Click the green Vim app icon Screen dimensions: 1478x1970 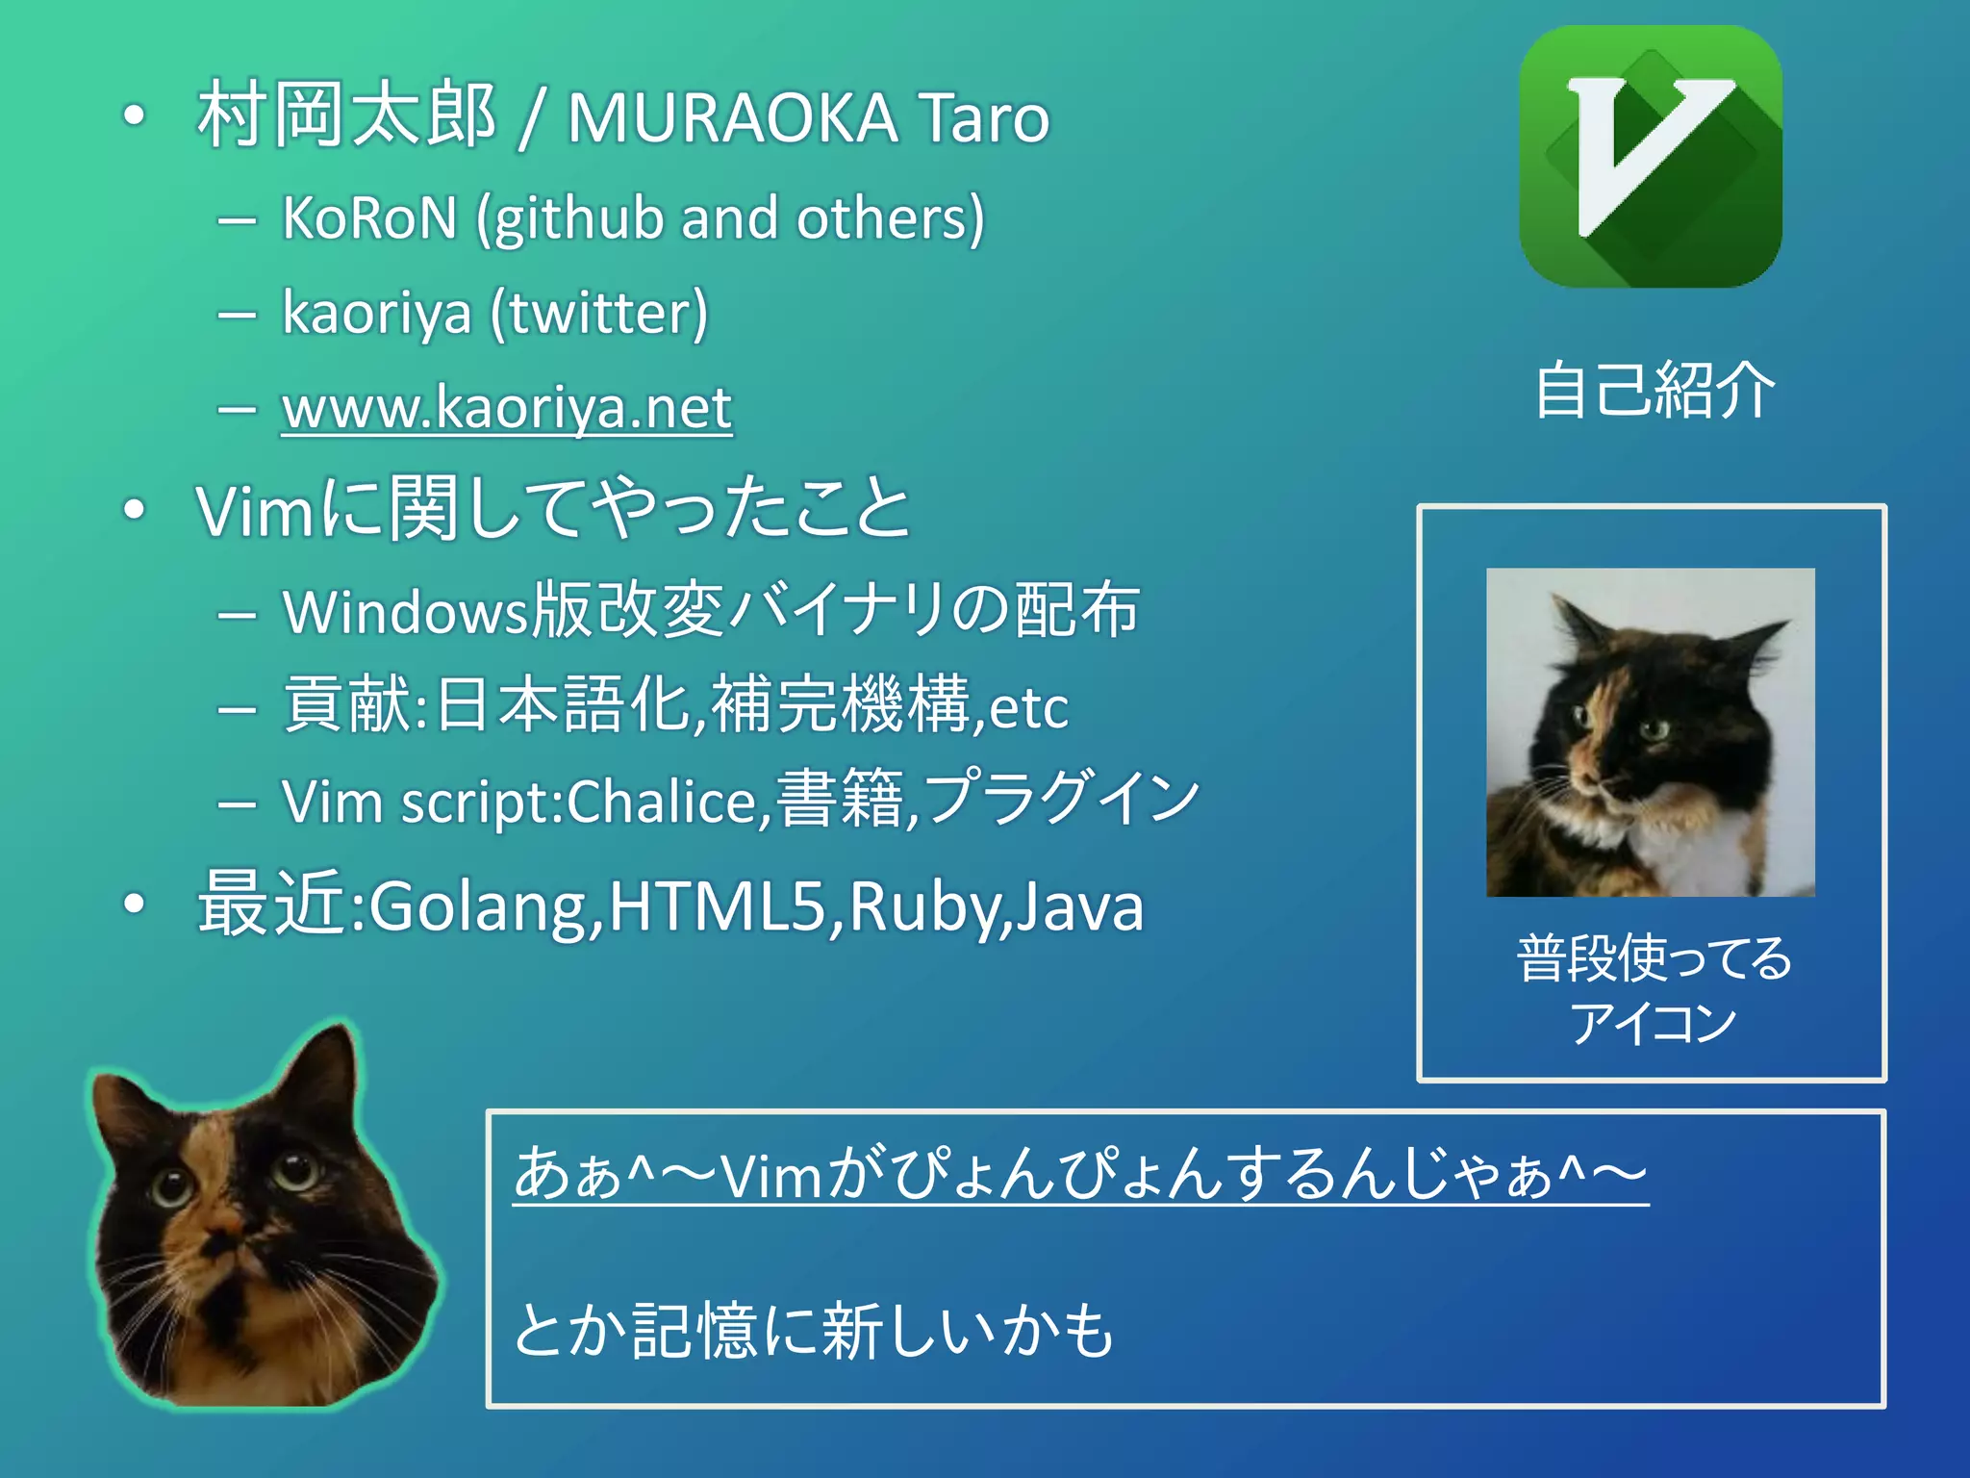[1651, 157]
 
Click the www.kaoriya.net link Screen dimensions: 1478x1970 [507, 408]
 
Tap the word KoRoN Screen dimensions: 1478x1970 [369, 217]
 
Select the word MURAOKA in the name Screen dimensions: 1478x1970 [732, 119]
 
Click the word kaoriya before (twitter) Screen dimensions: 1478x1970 [377, 314]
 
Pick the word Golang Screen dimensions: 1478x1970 [479, 906]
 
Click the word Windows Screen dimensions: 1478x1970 [406, 612]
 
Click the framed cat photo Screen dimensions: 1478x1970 [1651, 732]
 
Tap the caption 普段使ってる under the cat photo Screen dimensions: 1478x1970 [1654, 958]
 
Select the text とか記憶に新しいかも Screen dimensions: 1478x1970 [814, 1330]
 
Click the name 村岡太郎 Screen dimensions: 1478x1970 [346, 115]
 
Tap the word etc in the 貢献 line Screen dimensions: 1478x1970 [1028, 708]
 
